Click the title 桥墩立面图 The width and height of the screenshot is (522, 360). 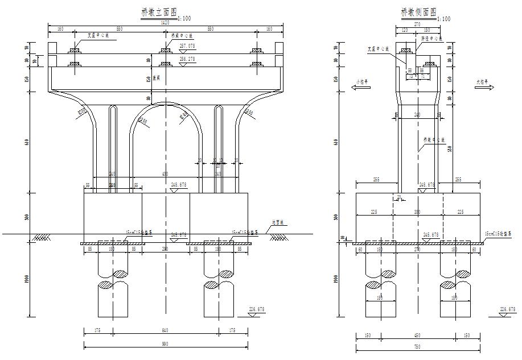pos(159,12)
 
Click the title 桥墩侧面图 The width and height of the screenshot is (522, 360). pos(418,12)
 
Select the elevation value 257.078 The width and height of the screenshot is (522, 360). pos(187,45)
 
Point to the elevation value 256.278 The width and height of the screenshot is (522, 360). pos(187,59)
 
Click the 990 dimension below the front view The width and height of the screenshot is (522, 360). pos(166,344)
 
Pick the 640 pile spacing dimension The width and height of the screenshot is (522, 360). pos(166,330)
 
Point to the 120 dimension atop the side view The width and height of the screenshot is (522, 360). pos(405,30)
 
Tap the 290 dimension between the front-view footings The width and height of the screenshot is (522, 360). pos(166,249)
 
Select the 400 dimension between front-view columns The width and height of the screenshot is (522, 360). pos(166,173)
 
